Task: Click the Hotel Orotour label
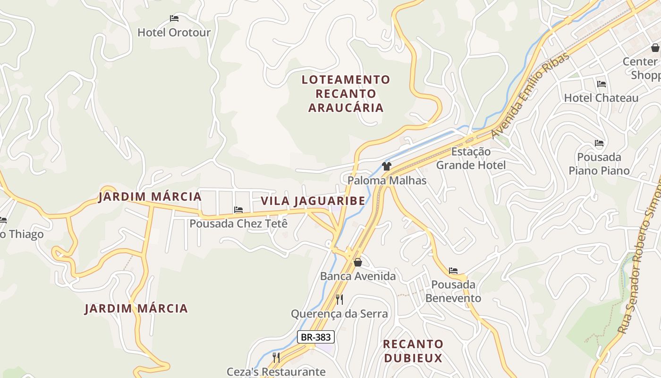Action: coord(174,33)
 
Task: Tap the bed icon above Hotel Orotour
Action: coord(174,18)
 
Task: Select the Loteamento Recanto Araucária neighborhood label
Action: coord(346,94)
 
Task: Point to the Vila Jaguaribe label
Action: coord(313,201)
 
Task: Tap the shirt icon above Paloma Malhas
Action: coord(387,166)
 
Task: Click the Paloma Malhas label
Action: coord(387,180)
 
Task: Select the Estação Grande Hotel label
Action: coord(471,158)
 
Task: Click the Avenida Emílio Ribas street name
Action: coord(530,96)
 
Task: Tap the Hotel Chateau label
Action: coord(601,98)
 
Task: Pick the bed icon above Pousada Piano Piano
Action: coord(599,143)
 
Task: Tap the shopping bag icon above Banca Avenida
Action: coord(358,262)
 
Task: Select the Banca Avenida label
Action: coord(358,276)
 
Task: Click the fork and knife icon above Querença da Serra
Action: coord(339,299)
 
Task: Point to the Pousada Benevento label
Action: coord(453,291)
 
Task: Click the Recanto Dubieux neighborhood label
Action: coord(413,351)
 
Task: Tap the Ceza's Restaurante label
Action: coord(276,372)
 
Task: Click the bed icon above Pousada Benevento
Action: coord(453,271)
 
